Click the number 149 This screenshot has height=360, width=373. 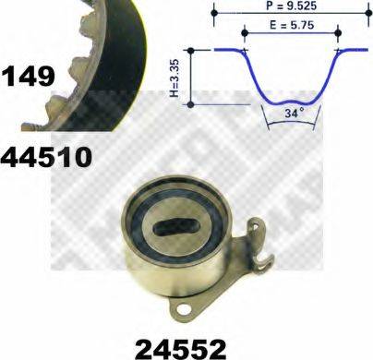click(29, 77)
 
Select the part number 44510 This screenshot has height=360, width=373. click(46, 157)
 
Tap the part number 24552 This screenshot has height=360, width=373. click(181, 349)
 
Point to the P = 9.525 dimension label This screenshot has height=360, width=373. click(291, 6)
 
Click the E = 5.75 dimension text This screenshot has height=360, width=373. click(292, 25)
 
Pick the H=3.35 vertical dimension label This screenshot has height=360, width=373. click(174, 78)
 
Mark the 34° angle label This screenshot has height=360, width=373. click(294, 113)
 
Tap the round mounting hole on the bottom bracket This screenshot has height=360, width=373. click(185, 308)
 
